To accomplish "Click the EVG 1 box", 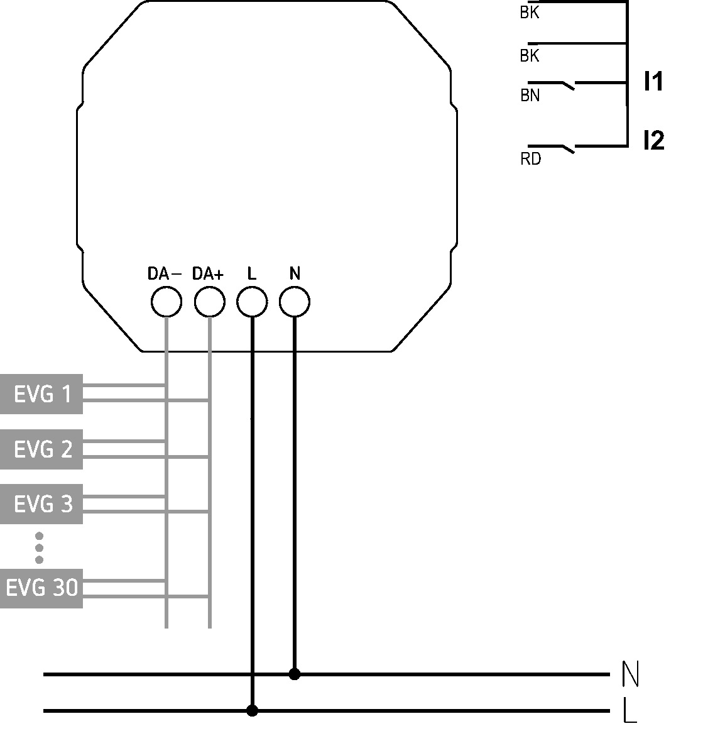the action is [41, 394].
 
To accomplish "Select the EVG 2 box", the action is [41, 449].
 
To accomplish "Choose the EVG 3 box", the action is [41, 504].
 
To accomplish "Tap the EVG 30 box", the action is [41, 588].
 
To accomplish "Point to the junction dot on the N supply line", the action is [295, 674].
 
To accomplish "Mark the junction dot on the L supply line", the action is [252, 710].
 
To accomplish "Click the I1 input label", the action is [654, 81].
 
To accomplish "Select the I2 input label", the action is [654, 140].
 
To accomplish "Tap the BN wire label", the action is [530, 96].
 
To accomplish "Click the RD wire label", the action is [531, 159].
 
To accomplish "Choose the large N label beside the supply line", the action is [630, 674].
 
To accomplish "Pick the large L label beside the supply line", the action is [630, 710].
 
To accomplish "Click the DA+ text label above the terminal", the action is [208, 273].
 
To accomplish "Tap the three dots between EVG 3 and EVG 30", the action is [39, 548].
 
